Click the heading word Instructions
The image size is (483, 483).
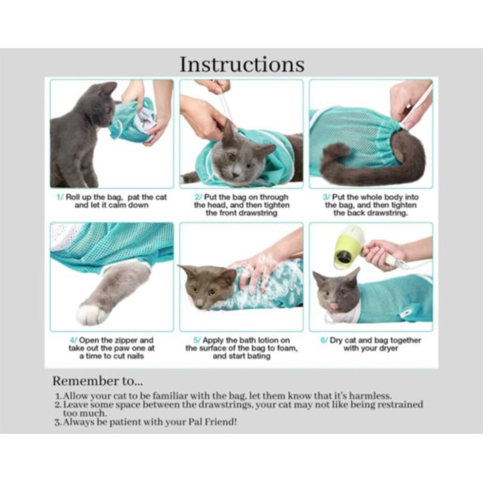pos(242,64)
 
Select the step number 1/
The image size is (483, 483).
pos(60,197)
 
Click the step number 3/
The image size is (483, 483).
pos(326,197)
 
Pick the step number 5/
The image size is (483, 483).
pos(197,341)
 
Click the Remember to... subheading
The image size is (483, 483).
pos(98,381)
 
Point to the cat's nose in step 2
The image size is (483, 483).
pos(236,175)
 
